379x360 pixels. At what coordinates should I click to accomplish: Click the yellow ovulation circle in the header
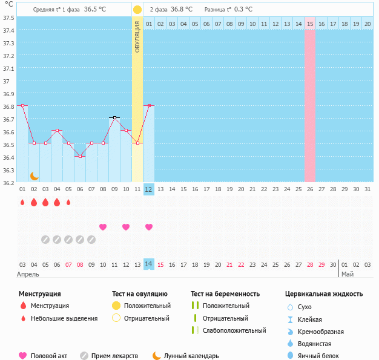click(x=137, y=10)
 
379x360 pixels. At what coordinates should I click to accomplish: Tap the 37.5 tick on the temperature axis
click(x=8, y=18)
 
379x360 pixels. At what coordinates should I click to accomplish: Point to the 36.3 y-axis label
click(x=8, y=170)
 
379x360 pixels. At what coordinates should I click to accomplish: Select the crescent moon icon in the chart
click(x=35, y=175)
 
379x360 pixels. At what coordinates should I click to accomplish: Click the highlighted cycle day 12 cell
click(x=149, y=189)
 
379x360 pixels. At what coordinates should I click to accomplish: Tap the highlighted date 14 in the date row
click(x=149, y=264)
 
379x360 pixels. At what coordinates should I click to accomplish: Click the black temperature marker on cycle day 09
click(x=114, y=117)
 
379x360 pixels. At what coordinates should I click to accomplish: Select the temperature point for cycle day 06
click(x=80, y=155)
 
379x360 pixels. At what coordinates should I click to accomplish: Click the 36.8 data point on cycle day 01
click(x=22, y=105)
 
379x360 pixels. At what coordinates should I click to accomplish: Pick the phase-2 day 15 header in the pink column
click(x=310, y=24)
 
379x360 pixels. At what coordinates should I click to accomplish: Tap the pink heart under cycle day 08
click(x=103, y=227)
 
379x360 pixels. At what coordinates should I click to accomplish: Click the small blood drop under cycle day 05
click(x=68, y=202)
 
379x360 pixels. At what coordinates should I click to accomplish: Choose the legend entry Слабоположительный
click(x=234, y=330)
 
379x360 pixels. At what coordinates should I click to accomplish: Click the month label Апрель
click(x=28, y=274)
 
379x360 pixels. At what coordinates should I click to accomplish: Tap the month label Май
click(x=348, y=274)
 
